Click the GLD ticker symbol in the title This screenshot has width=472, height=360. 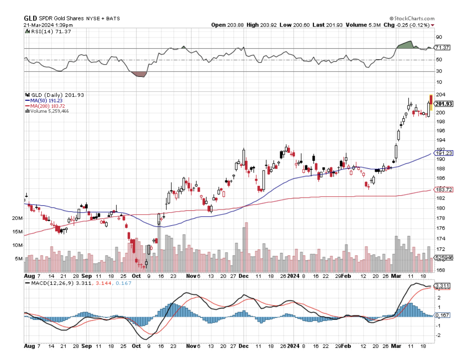(30, 18)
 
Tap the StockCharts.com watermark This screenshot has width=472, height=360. (412, 18)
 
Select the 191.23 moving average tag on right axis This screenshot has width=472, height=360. (444, 153)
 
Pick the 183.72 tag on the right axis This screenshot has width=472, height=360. (444, 190)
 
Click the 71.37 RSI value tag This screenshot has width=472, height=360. (442, 48)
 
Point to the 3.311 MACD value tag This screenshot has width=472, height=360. (442, 286)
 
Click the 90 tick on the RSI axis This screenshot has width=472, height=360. (439, 37)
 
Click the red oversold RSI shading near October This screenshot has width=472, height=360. (139, 74)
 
